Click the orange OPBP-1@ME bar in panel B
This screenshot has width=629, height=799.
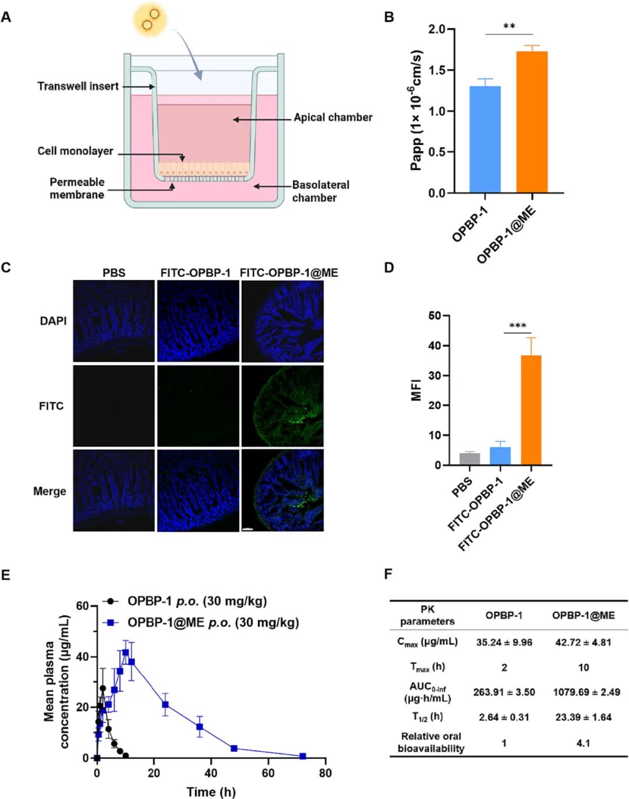tap(532, 122)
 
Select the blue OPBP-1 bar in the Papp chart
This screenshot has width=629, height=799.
tap(485, 140)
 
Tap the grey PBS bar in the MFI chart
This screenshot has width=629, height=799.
tap(469, 459)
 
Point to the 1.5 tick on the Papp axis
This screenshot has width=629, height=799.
tap(437, 70)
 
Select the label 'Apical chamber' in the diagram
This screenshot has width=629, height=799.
tap(333, 118)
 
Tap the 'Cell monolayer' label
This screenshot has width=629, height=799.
tap(75, 151)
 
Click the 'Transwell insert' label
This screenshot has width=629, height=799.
tap(78, 86)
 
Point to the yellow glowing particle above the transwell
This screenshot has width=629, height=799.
tap(150, 19)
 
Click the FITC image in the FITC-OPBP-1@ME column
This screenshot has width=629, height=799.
tap(282, 406)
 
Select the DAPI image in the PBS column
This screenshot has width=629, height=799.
tap(114, 321)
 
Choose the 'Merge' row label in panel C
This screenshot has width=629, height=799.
tap(50, 491)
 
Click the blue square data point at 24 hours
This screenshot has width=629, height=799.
tap(165, 705)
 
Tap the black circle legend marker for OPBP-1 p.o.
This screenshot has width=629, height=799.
tap(110, 601)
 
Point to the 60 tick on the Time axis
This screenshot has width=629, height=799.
tap(268, 773)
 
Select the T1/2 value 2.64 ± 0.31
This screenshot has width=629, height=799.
tap(504, 717)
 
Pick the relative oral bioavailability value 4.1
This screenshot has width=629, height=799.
tap(583, 743)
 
